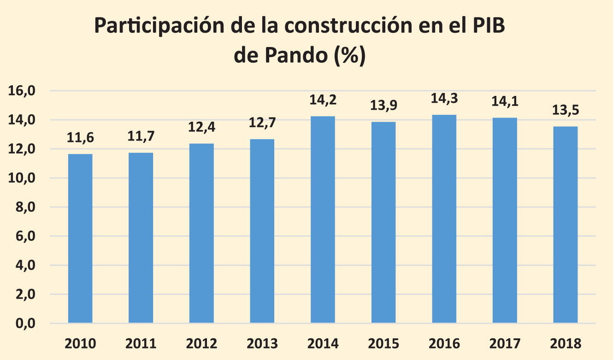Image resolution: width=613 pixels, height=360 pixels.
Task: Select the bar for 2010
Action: click(80, 238)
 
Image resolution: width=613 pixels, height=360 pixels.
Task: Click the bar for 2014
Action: click(323, 219)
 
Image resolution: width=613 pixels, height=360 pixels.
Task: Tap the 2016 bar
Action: click(444, 218)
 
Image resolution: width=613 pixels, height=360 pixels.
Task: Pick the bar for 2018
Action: click(566, 224)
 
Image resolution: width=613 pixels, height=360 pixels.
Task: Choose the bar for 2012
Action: click(201, 233)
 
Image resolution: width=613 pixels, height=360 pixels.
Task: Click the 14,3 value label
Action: click(444, 99)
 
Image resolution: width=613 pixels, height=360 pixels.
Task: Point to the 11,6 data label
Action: click(80, 137)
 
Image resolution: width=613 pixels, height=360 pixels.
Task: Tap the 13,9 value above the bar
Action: click(383, 106)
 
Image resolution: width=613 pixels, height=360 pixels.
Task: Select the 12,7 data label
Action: click(262, 123)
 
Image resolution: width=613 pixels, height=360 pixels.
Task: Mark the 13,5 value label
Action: click(566, 111)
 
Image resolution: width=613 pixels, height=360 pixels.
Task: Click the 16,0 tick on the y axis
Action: click(23, 91)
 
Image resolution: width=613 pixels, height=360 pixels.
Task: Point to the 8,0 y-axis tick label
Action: click(26, 207)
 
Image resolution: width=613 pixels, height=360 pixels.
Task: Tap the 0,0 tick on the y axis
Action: click(26, 324)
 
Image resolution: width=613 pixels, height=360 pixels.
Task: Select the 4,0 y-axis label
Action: click(26, 266)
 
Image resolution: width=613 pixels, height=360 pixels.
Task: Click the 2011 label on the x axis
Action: click(141, 344)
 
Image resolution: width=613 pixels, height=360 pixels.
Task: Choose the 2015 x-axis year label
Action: click(383, 344)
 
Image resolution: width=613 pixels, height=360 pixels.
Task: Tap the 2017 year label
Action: click(505, 344)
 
